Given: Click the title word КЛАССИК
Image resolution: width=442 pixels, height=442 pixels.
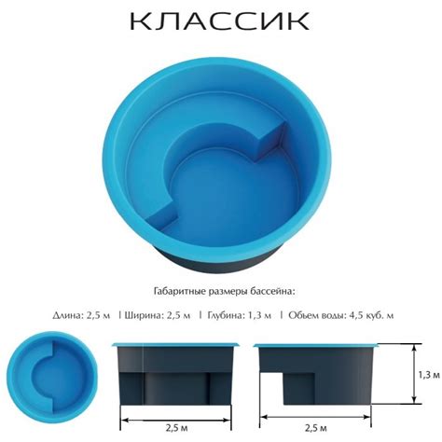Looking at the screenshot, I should tap(220, 21).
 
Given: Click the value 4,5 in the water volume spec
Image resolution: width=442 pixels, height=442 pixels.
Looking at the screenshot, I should tap(350, 317).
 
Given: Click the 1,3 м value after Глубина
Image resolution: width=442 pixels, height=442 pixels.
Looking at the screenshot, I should tap(261, 317).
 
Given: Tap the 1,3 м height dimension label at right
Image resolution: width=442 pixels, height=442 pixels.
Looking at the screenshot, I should tap(428, 375).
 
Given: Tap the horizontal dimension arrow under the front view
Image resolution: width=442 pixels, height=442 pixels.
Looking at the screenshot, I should tap(175, 416).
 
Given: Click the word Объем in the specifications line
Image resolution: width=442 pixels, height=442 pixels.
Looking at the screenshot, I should tap(306, 317).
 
